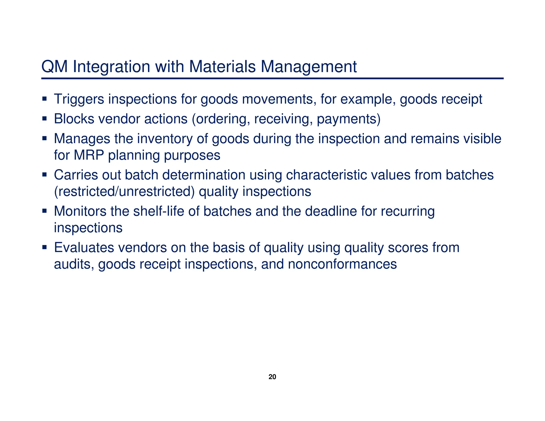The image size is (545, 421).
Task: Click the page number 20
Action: [272, 377]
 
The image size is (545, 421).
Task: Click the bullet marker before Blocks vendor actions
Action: [44, 118]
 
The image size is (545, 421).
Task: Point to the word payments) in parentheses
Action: [349, 119]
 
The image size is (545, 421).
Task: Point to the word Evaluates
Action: [84, 247]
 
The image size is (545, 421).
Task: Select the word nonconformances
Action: [342, 264]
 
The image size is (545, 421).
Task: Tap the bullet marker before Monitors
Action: [44, 211]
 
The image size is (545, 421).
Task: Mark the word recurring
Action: [407, 211]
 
